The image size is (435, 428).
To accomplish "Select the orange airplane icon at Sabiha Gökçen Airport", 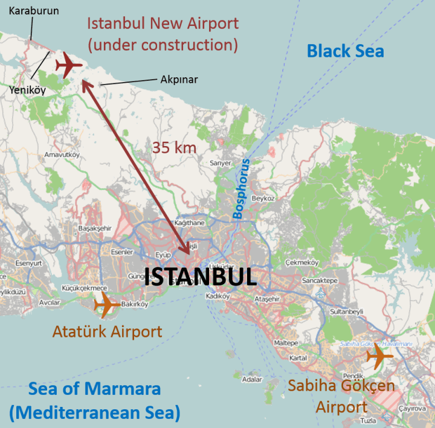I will [379, 357].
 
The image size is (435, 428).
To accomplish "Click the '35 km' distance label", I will [175, 147].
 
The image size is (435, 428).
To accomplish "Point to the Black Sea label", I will [345, 51].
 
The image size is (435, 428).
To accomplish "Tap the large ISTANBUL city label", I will [201, 277].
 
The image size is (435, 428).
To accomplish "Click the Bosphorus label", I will [242, 189].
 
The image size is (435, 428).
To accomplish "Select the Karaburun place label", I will [34, 10].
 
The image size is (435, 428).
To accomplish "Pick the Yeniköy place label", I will [28, 90].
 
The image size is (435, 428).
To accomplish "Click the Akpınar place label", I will [179, 79].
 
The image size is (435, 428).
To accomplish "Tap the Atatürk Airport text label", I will [107, 331].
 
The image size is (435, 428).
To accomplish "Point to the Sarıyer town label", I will [220, 163].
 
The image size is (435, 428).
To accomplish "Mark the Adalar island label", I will [251, 380].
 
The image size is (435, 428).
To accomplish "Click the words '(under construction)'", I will [163, 45].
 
